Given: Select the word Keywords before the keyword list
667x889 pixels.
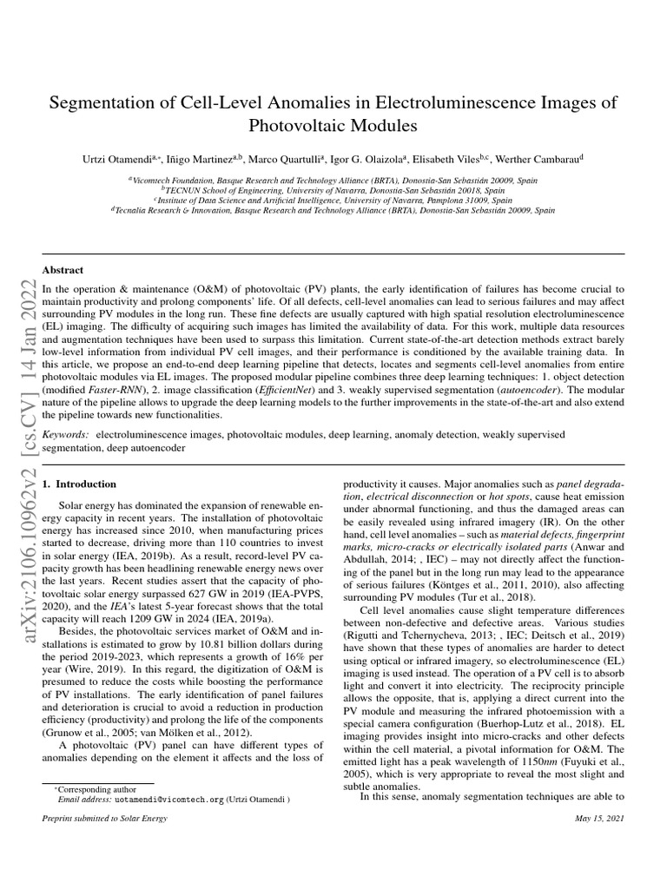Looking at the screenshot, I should (65, 433).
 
